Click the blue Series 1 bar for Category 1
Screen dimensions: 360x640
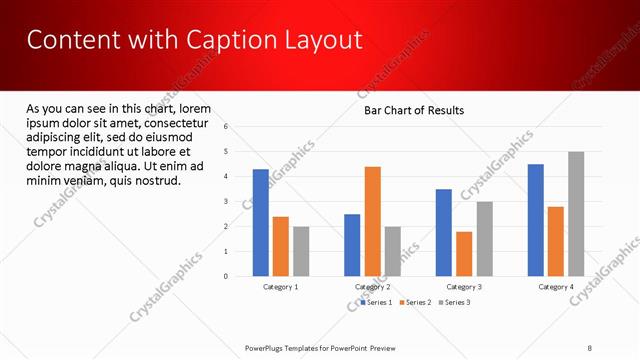click(x=261, y=222)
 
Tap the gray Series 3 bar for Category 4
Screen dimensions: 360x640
click(x=576, y=214)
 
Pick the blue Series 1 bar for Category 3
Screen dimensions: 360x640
click(x=444, y=232)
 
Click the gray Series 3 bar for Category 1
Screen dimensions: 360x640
click(x=301, y=251)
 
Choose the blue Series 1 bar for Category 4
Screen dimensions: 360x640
click(x=536, y=220)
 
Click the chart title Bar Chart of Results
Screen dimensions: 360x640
click(x=413, y=111)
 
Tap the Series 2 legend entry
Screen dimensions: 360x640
click(x=415, y=301)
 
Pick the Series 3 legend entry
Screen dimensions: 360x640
click(x=454, y=301)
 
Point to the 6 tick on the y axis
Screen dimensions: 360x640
click(x=227, y=127)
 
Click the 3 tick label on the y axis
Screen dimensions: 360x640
click(x=227, y=202)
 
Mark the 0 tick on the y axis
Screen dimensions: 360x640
click(x=227, y=276)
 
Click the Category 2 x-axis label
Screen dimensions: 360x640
click(x=373, y=287)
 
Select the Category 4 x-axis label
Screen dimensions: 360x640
click(x=556, y=287)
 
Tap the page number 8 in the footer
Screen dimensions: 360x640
click(x=590, y=348)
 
